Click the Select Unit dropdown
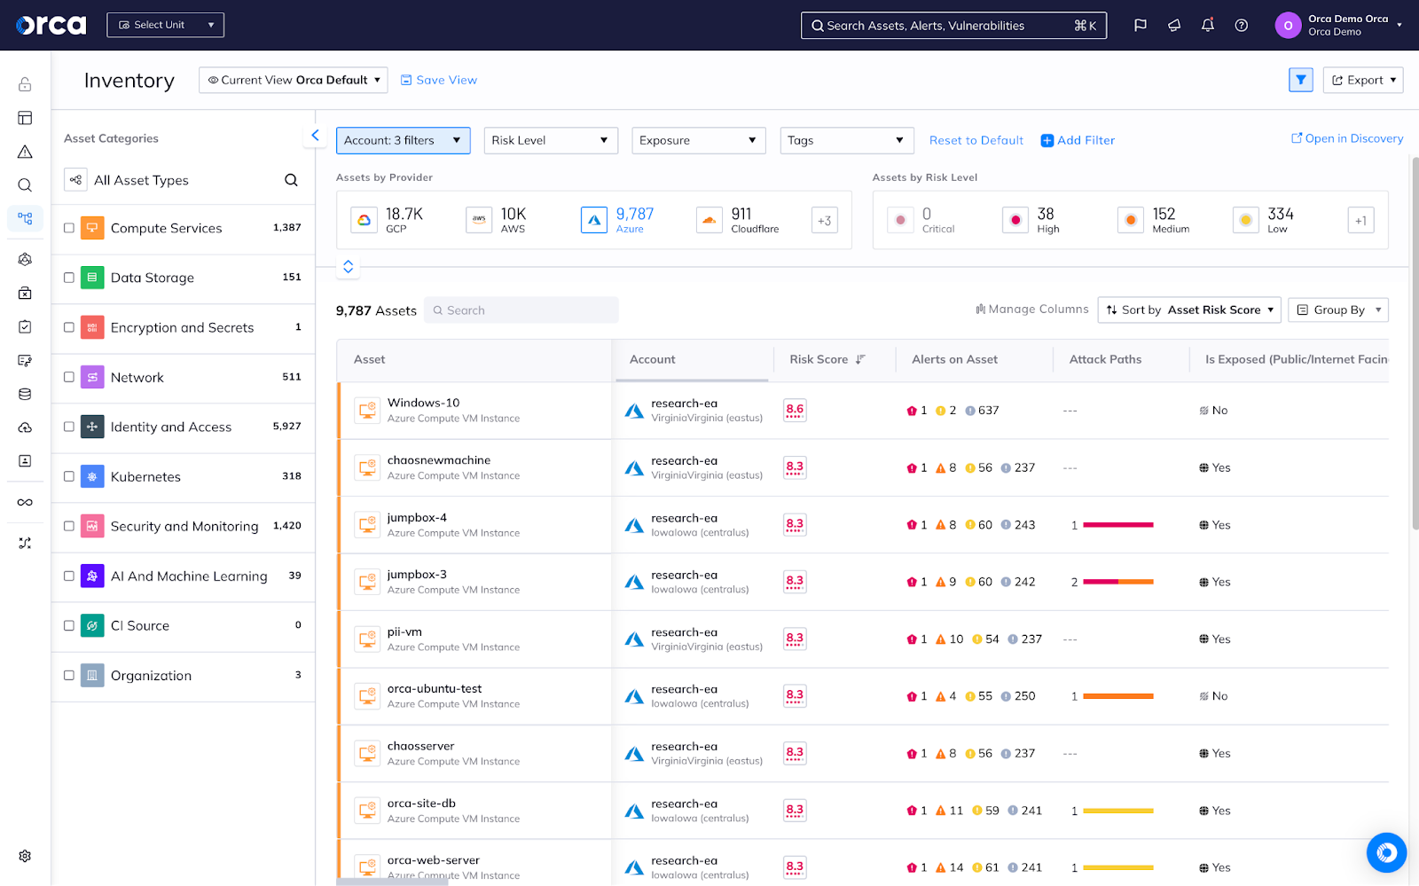pos(165,25)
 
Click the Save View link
pos(439,80)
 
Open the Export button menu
pos(1362,80)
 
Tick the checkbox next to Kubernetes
pos(69,476)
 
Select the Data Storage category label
pos(152,278)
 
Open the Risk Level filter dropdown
pos(550,140)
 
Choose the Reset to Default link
pos(976,140)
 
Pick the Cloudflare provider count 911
pos(741,215)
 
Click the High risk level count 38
pos(1046,215)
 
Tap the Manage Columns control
pos(1032,310)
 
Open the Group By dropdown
pos(1337,310)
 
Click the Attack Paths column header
pos(1105,359)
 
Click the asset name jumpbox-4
pos(417,518)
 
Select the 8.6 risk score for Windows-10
pos(795,410)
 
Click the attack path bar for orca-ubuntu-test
pos(1117,696)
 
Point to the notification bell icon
pos(1207,25)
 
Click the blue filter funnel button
pos(1300,80)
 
